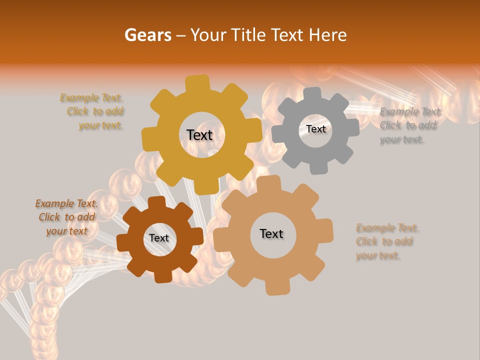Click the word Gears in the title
[x=147, y=35]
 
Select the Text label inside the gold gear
[x=199, y=135]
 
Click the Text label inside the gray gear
[x=315, y=129]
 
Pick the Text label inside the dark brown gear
[x=159, y=238]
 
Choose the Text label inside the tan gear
[x=271, y=233]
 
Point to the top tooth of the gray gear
[x=312, y=94]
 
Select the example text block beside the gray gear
[x=410, y=125]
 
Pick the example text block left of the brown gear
[x=66, y=217]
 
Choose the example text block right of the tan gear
[x=387, y=242]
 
